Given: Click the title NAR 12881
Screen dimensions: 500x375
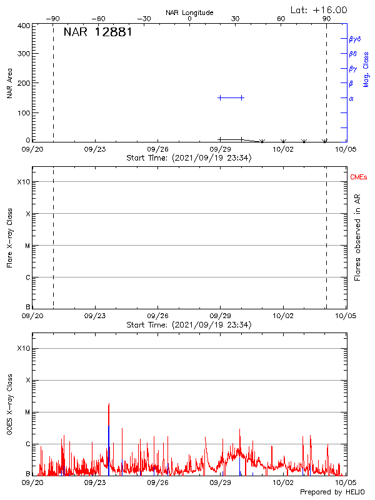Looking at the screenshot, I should tap(97, 32).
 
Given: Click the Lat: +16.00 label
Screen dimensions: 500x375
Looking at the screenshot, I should tap(320, 10).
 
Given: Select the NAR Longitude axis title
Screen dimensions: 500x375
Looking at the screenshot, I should tap(189, 12).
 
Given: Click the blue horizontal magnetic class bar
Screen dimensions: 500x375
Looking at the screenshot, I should tap(231, 97).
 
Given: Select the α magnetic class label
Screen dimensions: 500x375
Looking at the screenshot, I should tap(351, 98).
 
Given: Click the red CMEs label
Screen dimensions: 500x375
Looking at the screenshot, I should tap(359, 177).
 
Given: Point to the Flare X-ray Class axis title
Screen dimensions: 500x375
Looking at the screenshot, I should tap(10, 237).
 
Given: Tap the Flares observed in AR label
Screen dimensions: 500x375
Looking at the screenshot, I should tap(357, 237).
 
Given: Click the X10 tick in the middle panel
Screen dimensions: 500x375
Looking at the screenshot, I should tap(24, 182).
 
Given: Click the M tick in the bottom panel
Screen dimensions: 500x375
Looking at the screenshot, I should tap(27, 412).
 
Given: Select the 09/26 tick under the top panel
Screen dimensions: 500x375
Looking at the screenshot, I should tap(158, 149).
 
